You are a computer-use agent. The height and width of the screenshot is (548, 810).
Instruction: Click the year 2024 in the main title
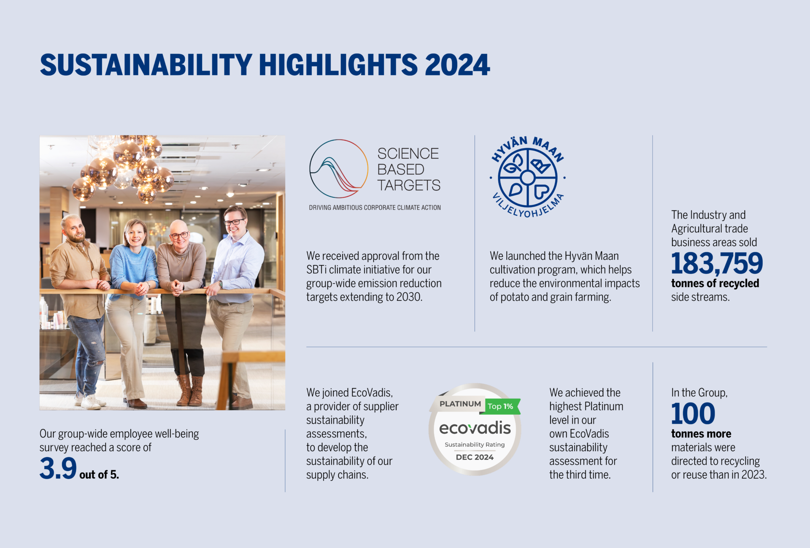click(x=457, y=65)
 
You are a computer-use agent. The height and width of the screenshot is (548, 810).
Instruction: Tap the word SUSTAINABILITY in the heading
click(x=146, y=65)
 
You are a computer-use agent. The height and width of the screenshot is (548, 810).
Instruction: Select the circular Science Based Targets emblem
click(x=339, y=169)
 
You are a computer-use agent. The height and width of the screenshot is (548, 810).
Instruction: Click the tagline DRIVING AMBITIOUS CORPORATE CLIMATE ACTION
click(x=375, y=208)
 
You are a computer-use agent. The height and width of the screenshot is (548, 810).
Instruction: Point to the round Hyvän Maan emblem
click(x=527, y=177)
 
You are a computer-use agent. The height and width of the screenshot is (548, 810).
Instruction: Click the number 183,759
click(x=717, y=263)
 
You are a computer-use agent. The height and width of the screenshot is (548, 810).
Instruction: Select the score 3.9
click(x=58, y=468)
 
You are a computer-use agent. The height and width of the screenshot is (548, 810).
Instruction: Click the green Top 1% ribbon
click(x=502, y=406)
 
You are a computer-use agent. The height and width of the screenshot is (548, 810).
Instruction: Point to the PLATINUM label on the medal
click(x=460, y=404)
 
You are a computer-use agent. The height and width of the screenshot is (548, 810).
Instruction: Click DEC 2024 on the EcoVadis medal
click(x=475, y=457)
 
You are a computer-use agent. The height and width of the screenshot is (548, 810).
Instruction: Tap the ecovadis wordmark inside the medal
click(x=475, y=428)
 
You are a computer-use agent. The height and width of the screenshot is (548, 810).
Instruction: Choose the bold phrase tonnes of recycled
click(x=715, y=283)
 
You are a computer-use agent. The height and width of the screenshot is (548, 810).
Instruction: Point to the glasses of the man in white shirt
click(x=234, y=222)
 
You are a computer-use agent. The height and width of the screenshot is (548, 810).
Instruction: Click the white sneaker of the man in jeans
click(x=91, y=402)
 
